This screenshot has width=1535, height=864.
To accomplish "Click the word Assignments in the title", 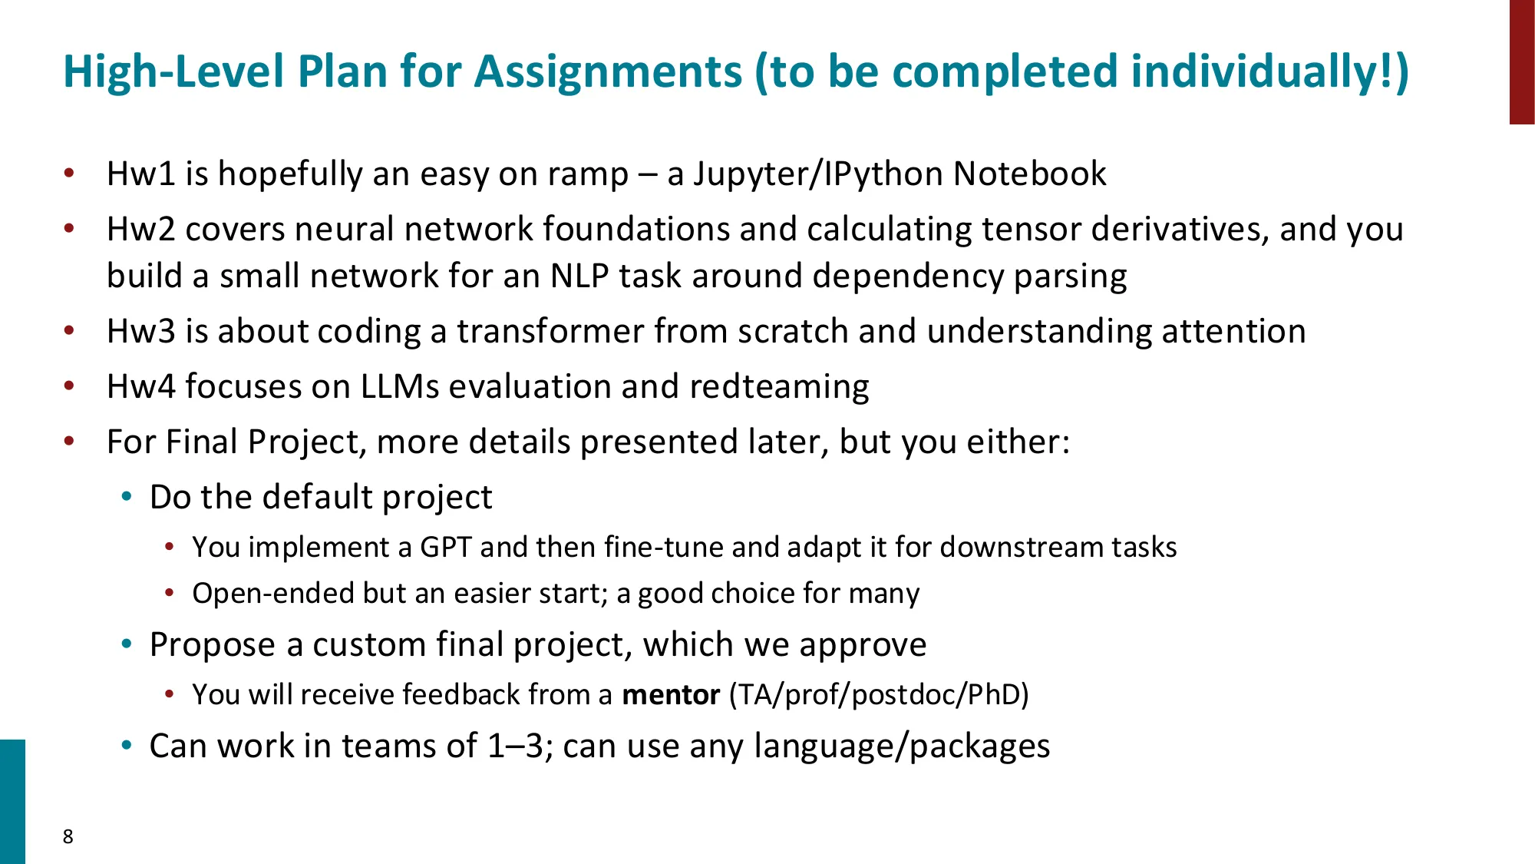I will click(x=608, y=72).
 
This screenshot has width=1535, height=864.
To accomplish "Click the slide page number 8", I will click(x=68, y=836).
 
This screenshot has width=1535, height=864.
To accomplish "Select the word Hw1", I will click(x=140, y=174).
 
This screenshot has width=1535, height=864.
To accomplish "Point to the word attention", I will click(x=1233, y=332).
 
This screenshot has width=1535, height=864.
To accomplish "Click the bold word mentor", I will click(x=671, y=695).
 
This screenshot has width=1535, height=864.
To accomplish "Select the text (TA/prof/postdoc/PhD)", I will click(x=879, y=695).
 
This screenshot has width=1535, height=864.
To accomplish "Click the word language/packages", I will click(x=902, y=746).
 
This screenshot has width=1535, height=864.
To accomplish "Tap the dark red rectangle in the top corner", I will click(x=1522, y=61).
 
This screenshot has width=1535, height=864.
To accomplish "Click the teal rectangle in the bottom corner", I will click(x=12, y=801).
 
